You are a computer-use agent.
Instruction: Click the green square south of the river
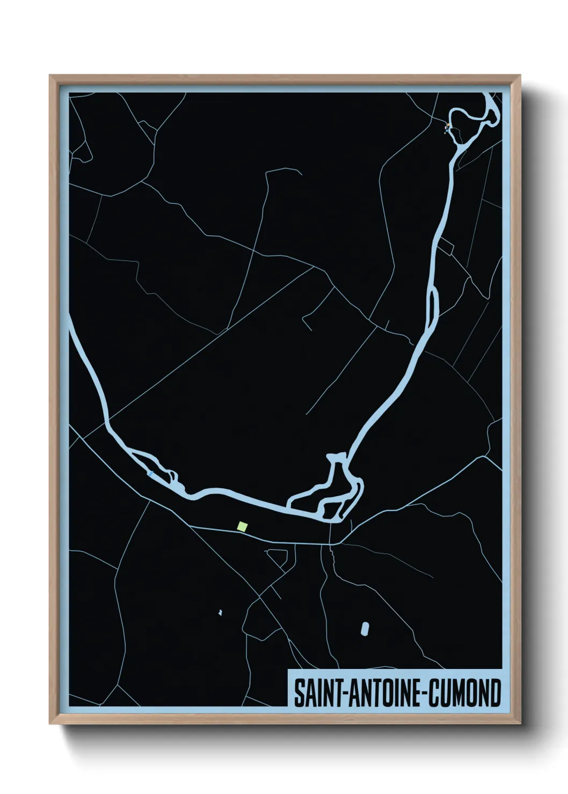243,526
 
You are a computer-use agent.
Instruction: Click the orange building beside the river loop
447,126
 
